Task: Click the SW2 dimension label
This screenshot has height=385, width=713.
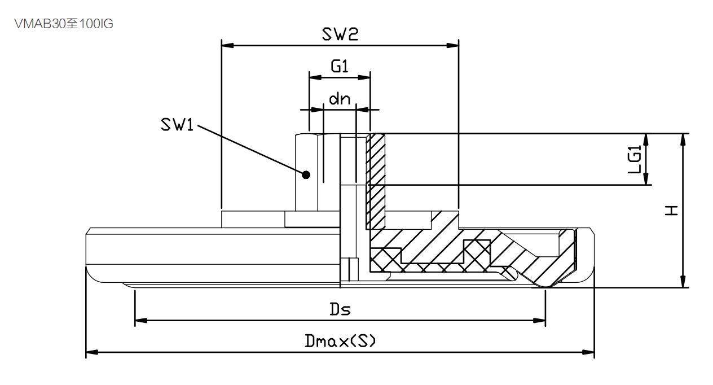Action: pyautogui.click(x=340, y=35)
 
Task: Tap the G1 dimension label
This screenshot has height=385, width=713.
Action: pyautogui.click(x=339, y=67)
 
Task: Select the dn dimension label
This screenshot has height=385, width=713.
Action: pyautogui.click(x=340, y=100)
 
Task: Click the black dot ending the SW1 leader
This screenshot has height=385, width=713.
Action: pyautogui.click(x=306, y=174)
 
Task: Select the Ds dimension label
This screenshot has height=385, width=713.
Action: pyautogui.click(x=340, y=309)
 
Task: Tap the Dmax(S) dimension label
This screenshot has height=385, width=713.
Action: pyautogui.click(x=340, y=341)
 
